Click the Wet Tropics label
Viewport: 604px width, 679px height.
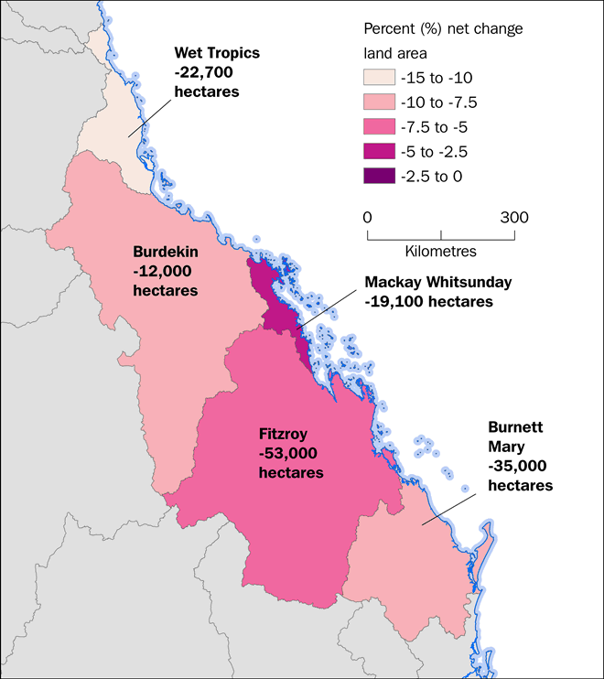pos(217,53)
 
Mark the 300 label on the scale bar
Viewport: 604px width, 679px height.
pos(514,218)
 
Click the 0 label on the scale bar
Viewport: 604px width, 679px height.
pos(367,218)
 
